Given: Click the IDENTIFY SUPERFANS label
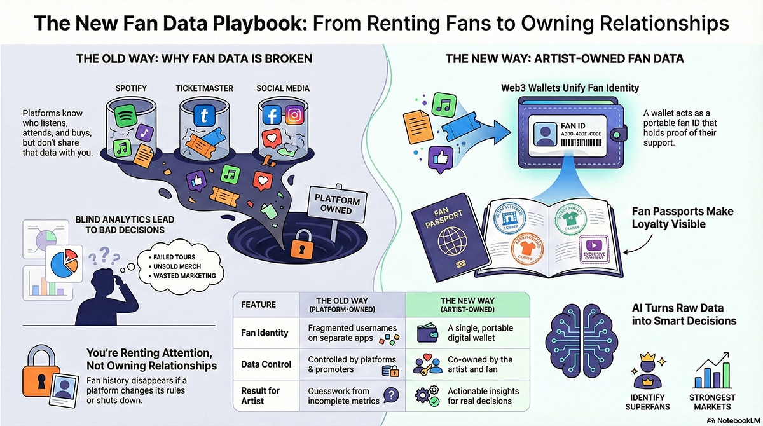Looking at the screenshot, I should pos(647,402).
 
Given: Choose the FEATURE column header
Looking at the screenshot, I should pos(259,304).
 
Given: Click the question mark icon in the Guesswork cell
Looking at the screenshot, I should pos(392,395).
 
